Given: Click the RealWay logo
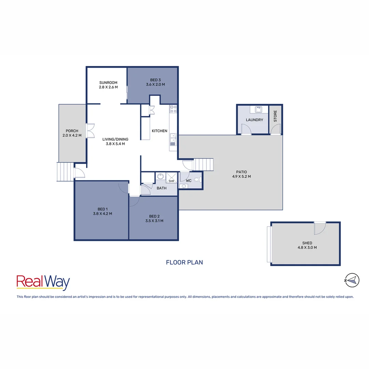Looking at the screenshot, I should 43,283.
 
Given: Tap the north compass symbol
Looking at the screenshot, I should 352,280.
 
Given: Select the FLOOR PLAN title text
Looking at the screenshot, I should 184,262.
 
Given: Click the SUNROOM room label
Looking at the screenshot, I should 108,83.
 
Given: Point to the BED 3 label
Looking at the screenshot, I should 155,80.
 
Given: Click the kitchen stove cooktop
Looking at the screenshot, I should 173,109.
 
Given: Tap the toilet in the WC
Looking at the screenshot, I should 197,179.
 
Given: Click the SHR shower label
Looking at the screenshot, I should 171,181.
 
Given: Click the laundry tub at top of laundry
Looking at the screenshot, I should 259,109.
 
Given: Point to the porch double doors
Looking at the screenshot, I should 90,131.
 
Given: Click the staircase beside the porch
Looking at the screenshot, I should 65,172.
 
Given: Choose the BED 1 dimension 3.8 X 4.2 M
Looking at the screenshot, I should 102,214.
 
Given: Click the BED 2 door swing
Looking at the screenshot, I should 134,202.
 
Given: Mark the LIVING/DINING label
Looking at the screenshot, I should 115,139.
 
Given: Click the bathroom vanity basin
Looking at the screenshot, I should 160,177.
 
